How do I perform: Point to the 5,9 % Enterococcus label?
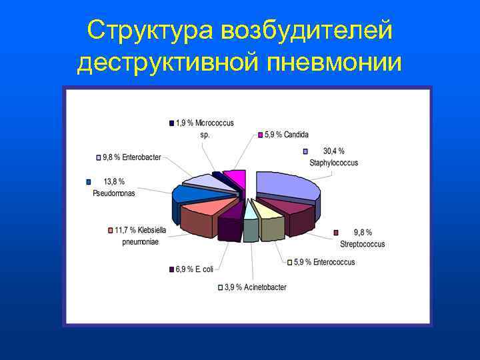click(x=324, y=262)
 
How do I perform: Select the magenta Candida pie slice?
click(x=235, y=178)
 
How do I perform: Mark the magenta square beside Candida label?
click(x=260, y=135)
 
